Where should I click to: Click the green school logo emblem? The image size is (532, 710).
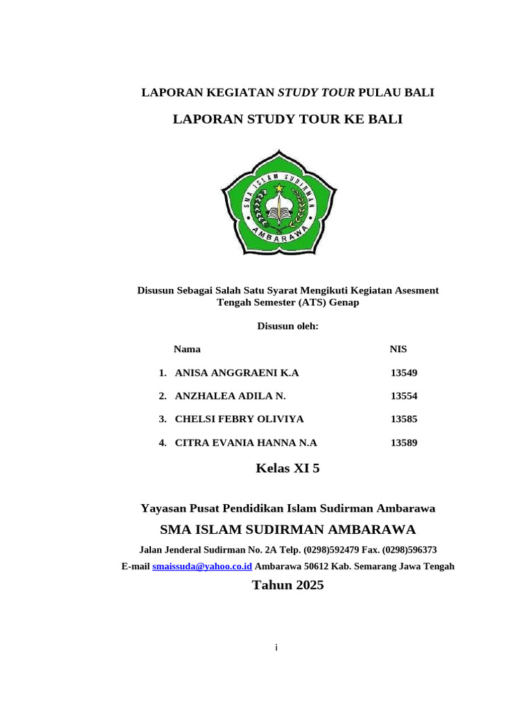[x=278, y=202]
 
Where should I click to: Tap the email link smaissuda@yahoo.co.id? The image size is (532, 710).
[x=202, y=566]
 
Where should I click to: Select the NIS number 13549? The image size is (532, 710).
[x=404, y=373]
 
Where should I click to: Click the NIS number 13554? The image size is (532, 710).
[x=404, y=396]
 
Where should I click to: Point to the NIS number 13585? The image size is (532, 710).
[x=404, y=419]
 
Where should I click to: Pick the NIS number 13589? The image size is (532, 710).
[x=404, y=443]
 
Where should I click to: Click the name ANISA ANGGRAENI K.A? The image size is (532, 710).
[x=237, y=373]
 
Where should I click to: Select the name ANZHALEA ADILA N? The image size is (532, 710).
[x=230, y=396]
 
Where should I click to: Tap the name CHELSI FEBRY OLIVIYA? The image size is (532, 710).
[x=239, y=419]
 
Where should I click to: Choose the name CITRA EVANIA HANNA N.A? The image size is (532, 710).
[x=246, y=443]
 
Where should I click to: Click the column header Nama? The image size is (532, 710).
[x=187, y=349]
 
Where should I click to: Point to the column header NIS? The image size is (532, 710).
[x=398, y=349]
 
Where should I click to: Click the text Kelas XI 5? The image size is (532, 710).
[x=287, y=469]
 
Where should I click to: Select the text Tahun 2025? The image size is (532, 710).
[x=287, y=585]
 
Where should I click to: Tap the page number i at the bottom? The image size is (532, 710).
[x=276, y=648]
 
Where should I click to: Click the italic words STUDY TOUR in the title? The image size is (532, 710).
[x=316, y=92]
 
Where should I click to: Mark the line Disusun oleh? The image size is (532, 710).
[x=287, y=326]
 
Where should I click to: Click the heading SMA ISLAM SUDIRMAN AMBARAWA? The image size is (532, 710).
[x=287, y=530]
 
